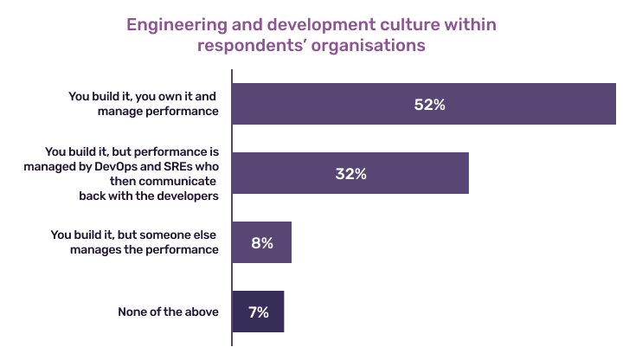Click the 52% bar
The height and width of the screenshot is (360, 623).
coord(424,105)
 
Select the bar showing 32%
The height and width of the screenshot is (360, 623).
coord(350,173)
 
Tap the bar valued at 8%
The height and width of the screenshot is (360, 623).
coord(262,242)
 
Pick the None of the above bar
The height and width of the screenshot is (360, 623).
coord(258,312)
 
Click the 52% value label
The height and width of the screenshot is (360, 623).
coord(428,105)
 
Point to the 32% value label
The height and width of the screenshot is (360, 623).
coord(350,173)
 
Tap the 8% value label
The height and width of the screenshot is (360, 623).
coord(262,243)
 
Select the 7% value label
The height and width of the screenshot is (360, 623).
coord(258,312)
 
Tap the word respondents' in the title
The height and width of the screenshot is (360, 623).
coord(252,45)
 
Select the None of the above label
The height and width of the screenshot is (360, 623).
coord(168,312)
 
